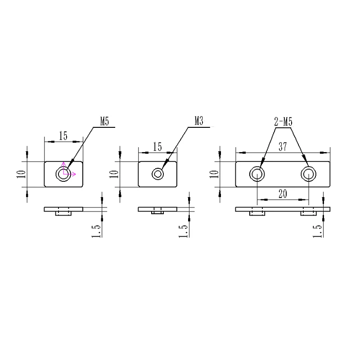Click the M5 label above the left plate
coord(104,121)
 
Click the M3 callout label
coord(199,121)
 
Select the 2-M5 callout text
coord(283,121)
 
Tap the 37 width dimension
coord(283,147)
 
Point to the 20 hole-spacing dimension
coord(283,194)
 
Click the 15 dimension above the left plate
coord(63,136)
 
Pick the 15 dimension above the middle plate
coord(157,147)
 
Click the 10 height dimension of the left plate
coord(21,174)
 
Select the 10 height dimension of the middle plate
coord(114,174)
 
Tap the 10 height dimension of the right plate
coord(214,174)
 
